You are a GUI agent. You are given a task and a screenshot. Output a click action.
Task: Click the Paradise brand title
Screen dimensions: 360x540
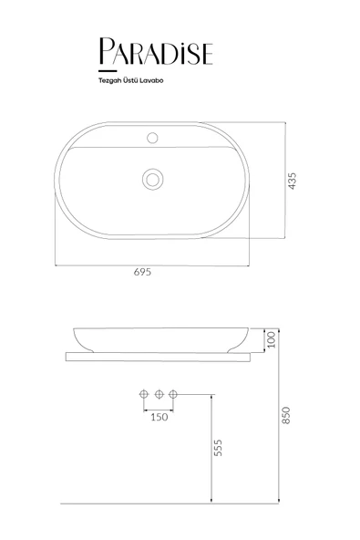[x=156, y=51]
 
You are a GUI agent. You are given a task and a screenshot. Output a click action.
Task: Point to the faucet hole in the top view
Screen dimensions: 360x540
[x=152, y=138]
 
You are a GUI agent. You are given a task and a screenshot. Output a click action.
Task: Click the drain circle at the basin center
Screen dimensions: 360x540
[x=152, y=179]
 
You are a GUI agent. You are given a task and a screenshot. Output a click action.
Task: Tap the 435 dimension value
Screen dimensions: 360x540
[x=292, y=181]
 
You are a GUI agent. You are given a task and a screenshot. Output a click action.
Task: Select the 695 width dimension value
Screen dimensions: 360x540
[x=142, y=272]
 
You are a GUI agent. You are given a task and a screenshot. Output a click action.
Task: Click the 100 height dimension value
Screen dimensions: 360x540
[x=272, y=339]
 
